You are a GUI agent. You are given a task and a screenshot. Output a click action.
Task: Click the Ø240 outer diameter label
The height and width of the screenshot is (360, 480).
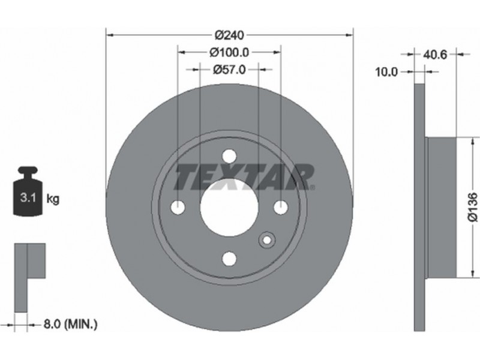tap(229, 35)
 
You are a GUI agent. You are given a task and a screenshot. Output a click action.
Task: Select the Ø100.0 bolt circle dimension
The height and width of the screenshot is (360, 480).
tap(229, 53)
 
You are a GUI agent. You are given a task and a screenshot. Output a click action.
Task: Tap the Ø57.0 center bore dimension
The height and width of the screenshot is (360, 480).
tap(229, 70)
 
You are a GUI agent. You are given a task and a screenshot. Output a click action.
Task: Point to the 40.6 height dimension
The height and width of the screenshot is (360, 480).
tap(435, 55)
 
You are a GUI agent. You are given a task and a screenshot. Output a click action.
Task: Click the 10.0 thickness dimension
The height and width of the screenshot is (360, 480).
tap(386, 72)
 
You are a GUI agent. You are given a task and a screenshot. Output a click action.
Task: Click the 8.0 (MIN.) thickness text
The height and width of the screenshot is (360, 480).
tap(70, 324)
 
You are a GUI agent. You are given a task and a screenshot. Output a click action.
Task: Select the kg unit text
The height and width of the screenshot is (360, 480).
tap(53, 200)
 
